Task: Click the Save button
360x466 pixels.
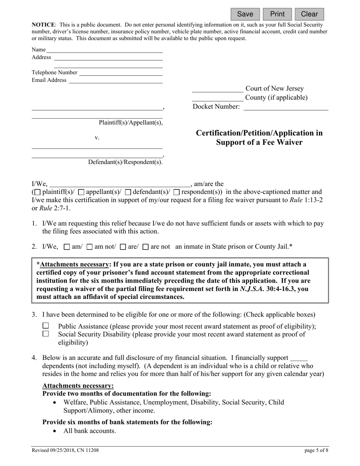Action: (245, 14)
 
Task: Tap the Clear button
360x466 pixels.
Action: (309, 14)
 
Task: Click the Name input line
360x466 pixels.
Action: (104, 50)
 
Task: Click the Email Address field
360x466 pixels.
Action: (115, 80)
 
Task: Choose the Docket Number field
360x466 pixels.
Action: (285, 107)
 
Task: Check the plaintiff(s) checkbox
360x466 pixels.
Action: (38, 192)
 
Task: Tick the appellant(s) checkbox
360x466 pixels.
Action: (81, 192)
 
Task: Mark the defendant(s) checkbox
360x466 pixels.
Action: (128, 192)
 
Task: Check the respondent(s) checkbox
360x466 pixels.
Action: (177, 192)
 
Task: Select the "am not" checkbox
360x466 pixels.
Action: (90, 247)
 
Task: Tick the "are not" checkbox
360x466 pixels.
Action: (146, 247)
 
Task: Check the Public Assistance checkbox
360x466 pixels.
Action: (46, 326)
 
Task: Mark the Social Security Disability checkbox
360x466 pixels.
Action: (46, 334)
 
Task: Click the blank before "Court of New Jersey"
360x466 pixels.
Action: (218, 89)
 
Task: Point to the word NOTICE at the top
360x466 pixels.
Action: (44, 25)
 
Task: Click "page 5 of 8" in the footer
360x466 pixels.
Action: (316, 450)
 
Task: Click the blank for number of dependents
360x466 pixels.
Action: (299, 358)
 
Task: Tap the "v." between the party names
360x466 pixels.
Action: (97, 138)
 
